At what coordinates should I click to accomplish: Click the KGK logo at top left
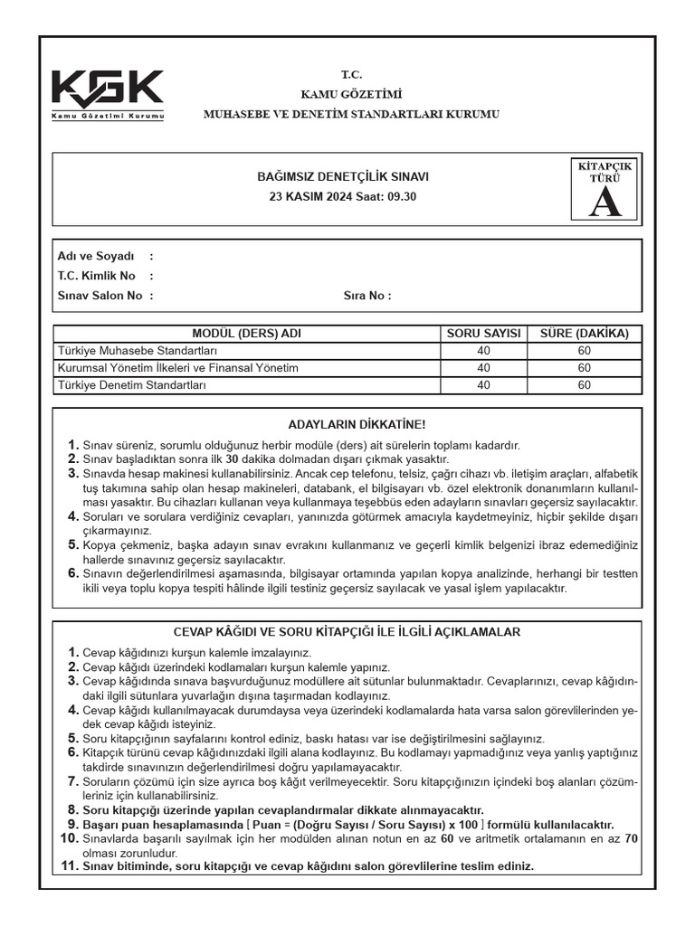tap(108, 95)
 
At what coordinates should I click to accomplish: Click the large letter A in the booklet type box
tap(605, 203)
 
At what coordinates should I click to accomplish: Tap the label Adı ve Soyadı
tap(95, 256)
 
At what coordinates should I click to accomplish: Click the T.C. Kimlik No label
tap(96, 276)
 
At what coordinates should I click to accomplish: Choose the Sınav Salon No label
tap(100, 295)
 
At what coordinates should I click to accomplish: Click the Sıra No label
tap(367, 295)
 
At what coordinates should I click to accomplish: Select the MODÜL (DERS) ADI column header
tap(247, 334)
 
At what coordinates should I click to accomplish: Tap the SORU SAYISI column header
tap(484, 334)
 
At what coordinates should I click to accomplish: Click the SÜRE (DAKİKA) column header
tap(584, 334)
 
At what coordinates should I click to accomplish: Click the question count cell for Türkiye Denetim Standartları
tap(484, 385)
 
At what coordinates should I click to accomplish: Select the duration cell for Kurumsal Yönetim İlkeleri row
tap(584, 368)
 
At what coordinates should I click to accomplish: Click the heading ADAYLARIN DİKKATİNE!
tap(356, 424)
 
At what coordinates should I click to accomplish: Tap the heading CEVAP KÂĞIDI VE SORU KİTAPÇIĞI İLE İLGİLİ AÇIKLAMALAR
tap(347, 632)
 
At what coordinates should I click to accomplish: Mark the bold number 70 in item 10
tap(631, 838)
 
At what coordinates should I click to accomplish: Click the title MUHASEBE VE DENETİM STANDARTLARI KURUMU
tap(350, 114)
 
